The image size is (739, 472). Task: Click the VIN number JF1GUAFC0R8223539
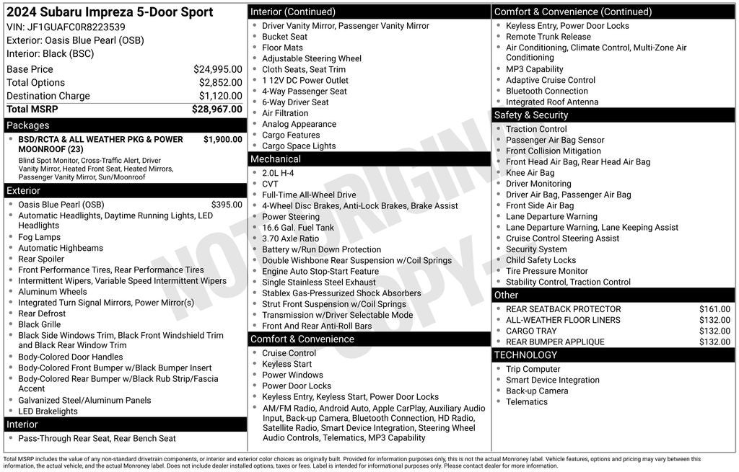(x=76, y=27)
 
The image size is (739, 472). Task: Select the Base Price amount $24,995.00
(x=217, y=69)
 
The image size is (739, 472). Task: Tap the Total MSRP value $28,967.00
(x=217, y=110)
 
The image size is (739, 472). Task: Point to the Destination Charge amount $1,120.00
(x=220, y=96)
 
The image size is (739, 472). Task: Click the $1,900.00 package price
(x=222, y=139)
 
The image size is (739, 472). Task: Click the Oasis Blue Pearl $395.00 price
(x=227, y=205)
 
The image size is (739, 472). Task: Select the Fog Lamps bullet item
(x=39, y=237)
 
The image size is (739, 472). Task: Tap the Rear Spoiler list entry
(x=41, y=259)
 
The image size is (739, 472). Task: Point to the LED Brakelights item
(x=48, y=411)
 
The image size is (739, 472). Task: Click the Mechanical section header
(x=275, y=159)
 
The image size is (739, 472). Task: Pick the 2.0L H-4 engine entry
(x=278, y=173)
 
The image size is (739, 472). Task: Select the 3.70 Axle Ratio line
(x=290, y=239)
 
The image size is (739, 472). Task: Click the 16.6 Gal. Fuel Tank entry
(x=298, y=228)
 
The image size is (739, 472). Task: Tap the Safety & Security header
(x=530, y=115)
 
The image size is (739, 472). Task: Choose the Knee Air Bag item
(x=530, y=173)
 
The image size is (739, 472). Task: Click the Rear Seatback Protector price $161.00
(x=714, y=309)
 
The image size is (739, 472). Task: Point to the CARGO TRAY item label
(x=531, y=331)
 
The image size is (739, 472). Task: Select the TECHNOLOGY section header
(x=525, y=355)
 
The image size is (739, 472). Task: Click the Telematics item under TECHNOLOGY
(x=526, y=401)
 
